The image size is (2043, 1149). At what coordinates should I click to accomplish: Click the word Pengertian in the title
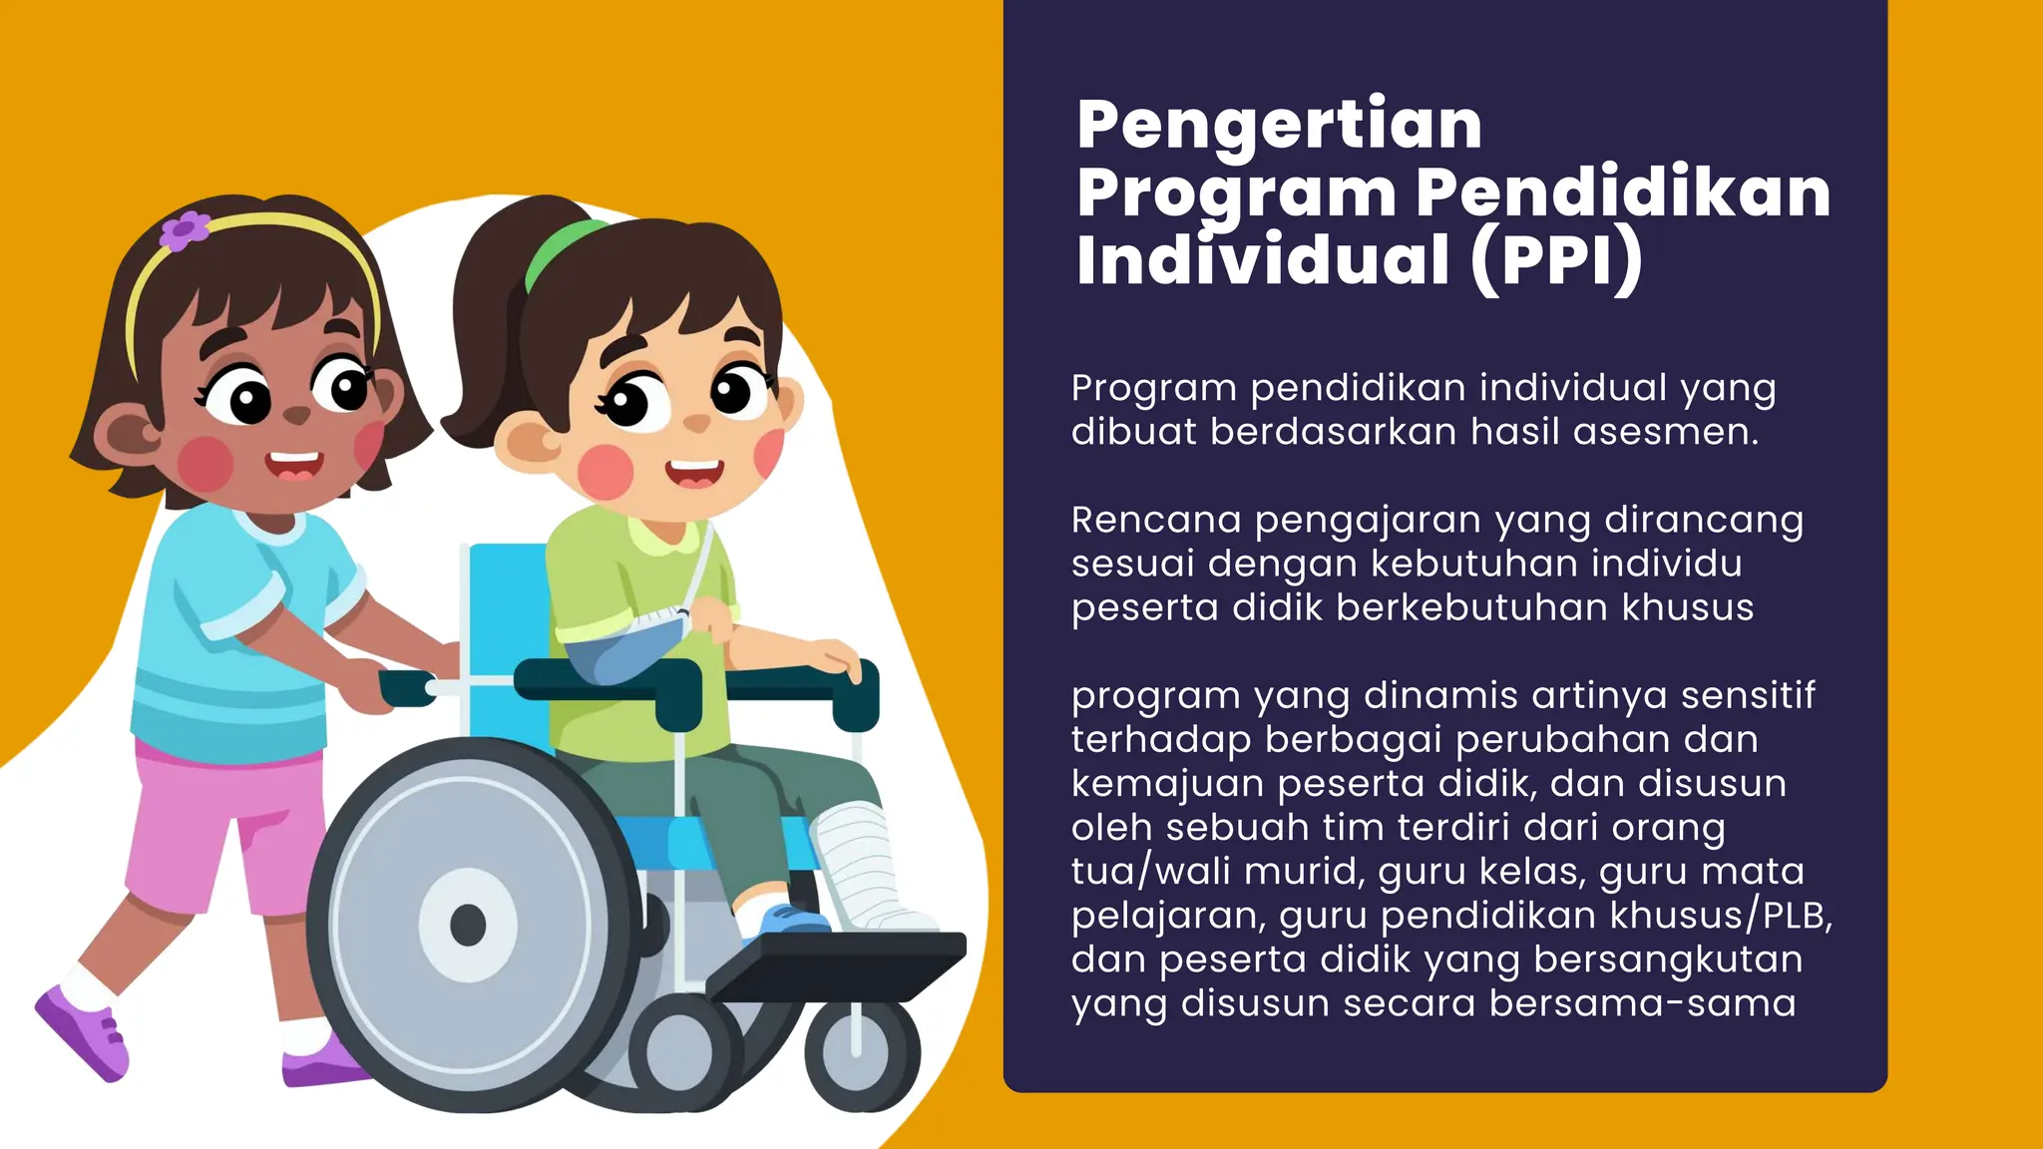point(1279,126)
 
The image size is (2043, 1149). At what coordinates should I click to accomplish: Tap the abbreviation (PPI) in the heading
point(1556,260)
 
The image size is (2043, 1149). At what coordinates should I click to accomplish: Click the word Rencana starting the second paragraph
point(1156,520)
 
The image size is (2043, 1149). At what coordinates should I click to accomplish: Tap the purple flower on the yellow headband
point(185,230)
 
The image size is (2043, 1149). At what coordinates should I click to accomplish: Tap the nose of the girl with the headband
point(297,415)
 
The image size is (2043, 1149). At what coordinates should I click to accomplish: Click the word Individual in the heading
point(1263,260)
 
